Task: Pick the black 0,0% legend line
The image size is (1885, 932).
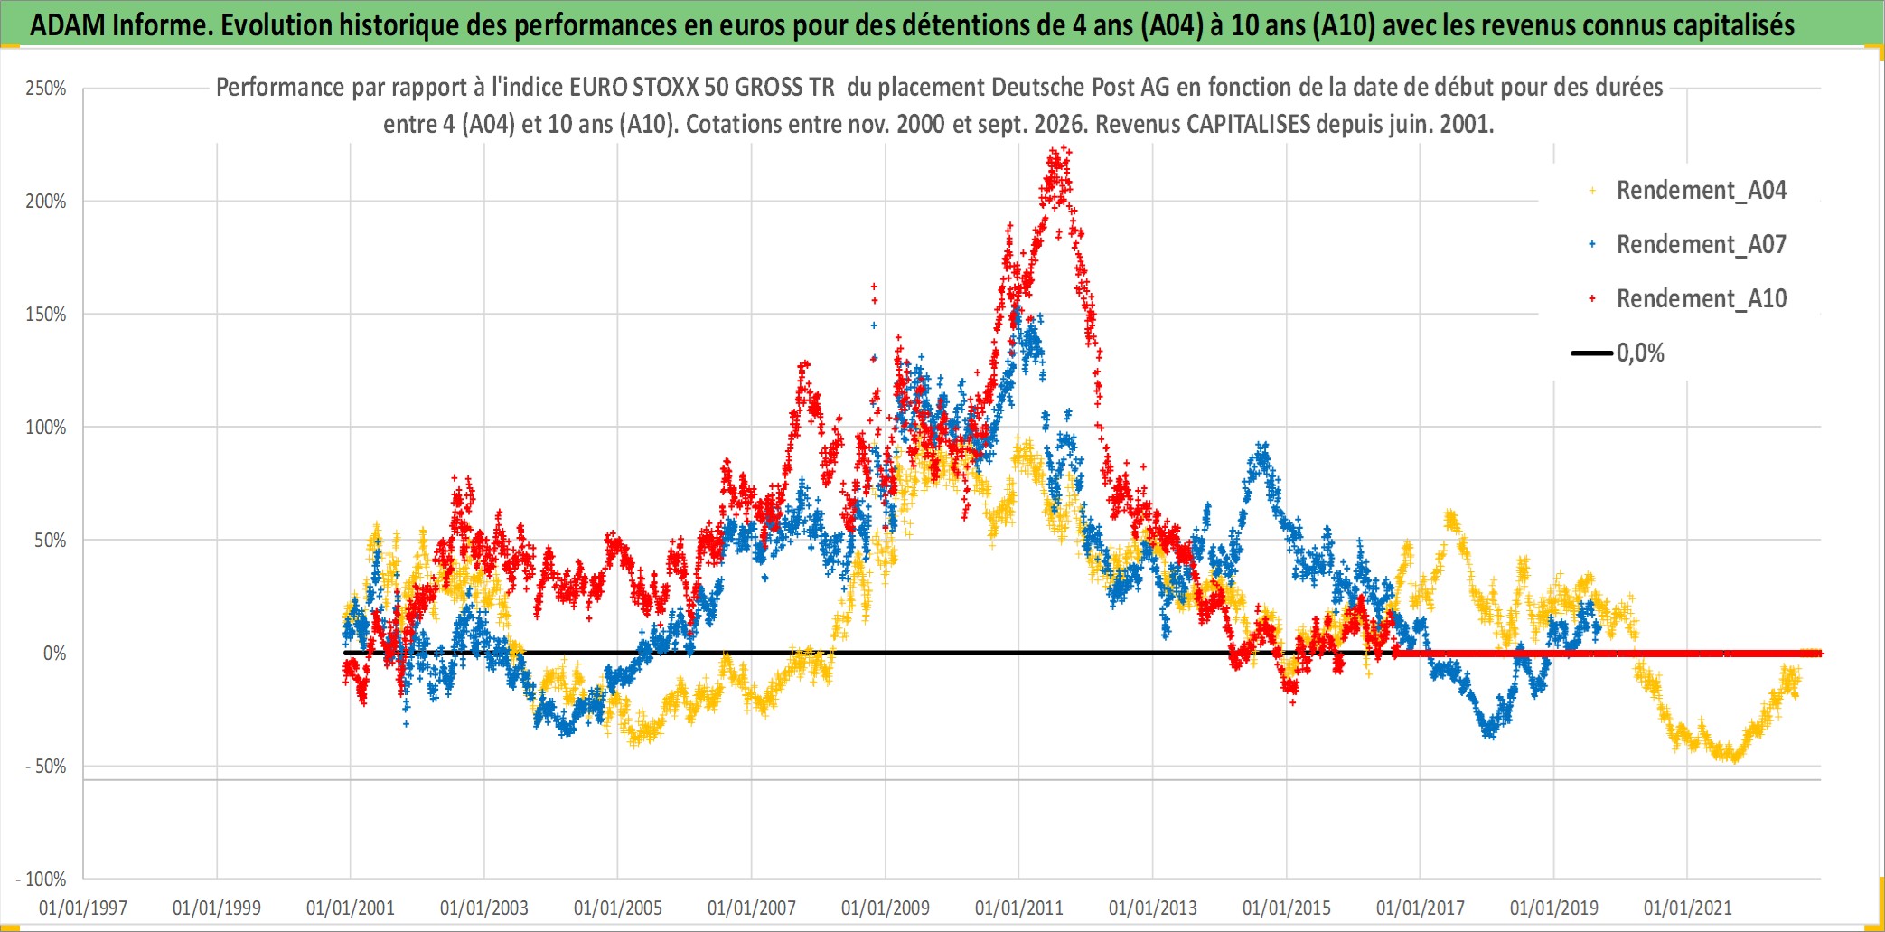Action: (x=1592, y=353)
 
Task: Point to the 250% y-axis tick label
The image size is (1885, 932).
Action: (x=46, y=89)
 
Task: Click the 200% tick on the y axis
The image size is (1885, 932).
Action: (x=46, y=202)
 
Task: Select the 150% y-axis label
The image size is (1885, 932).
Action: (x=46, y=315)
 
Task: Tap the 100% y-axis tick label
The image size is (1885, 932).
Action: (x=46, y=428)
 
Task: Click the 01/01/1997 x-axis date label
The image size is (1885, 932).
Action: (x=83, y=908)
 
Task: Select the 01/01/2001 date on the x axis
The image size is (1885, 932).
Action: (x=351, y=908)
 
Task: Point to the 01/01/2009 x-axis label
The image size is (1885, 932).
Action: (x=886, y=908)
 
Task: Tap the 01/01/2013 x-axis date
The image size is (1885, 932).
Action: (x=1153, y=908)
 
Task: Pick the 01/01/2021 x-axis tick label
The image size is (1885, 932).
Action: (x=1688, y=908)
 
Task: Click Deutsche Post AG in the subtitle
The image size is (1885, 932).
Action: (x=1080, y=87)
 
